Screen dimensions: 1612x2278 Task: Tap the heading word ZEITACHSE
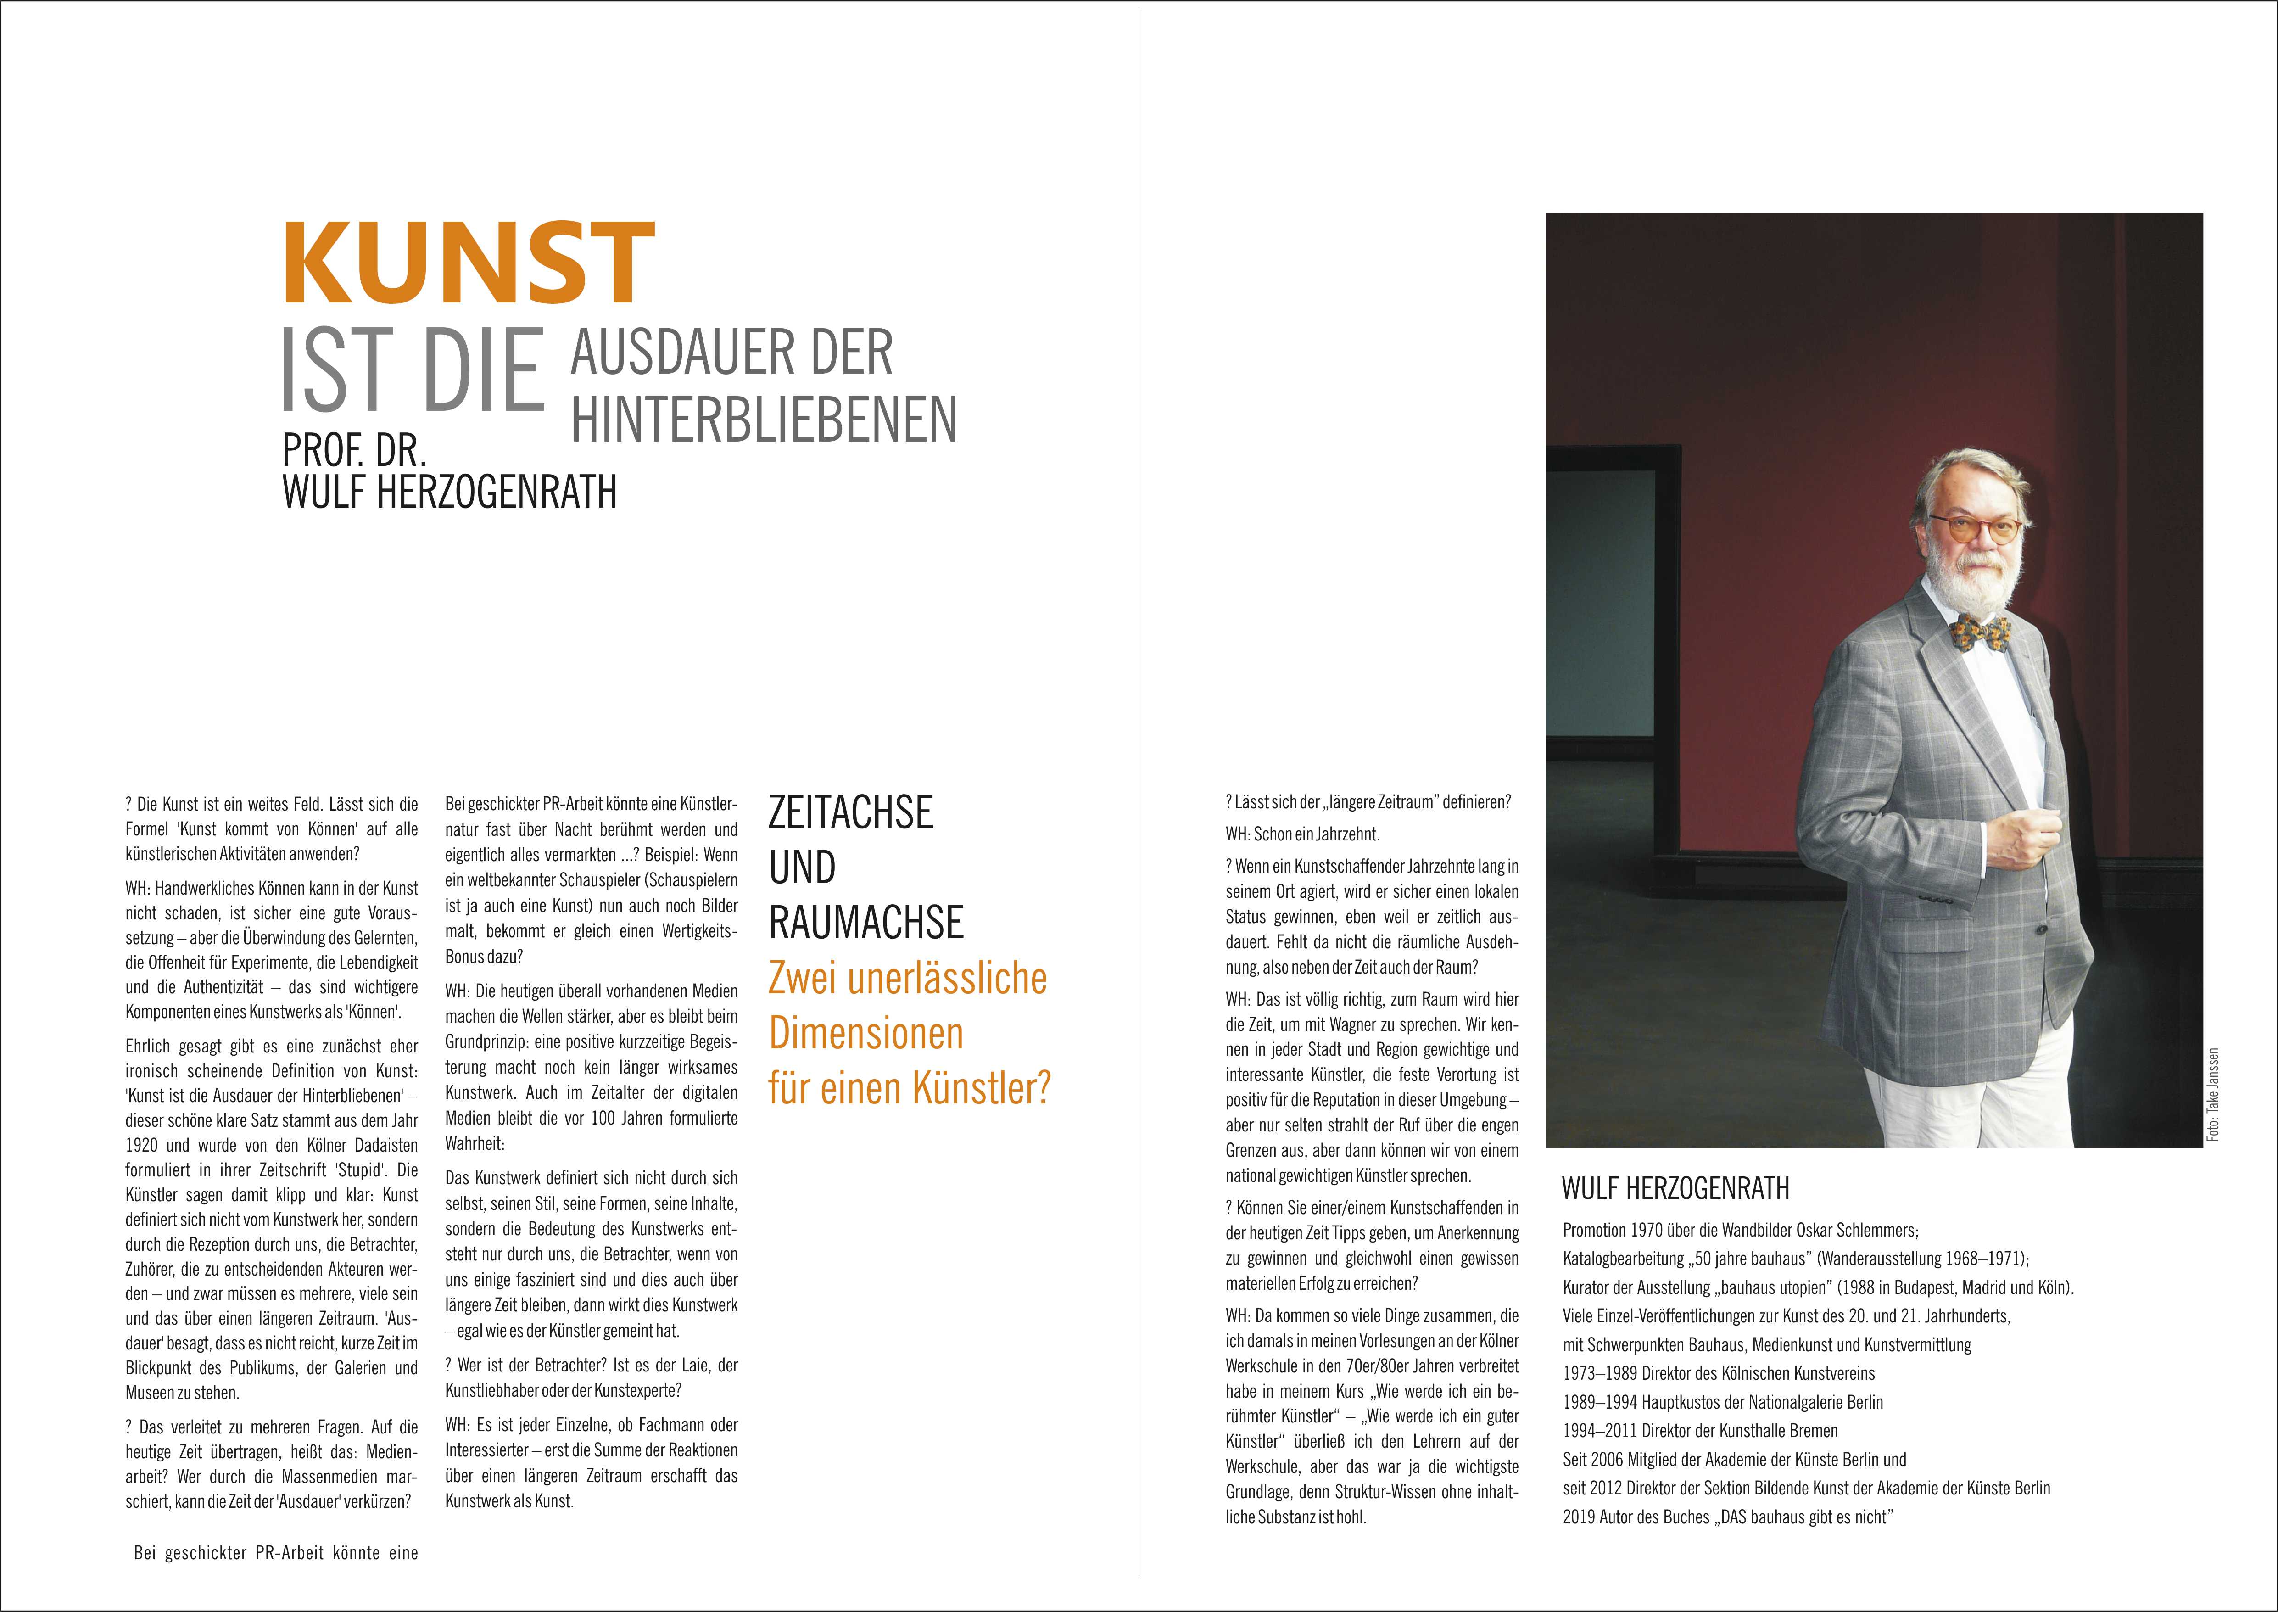[850, 812]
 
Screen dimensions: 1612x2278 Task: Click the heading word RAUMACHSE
[865, 922]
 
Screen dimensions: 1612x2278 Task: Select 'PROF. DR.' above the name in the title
[354, 451]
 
